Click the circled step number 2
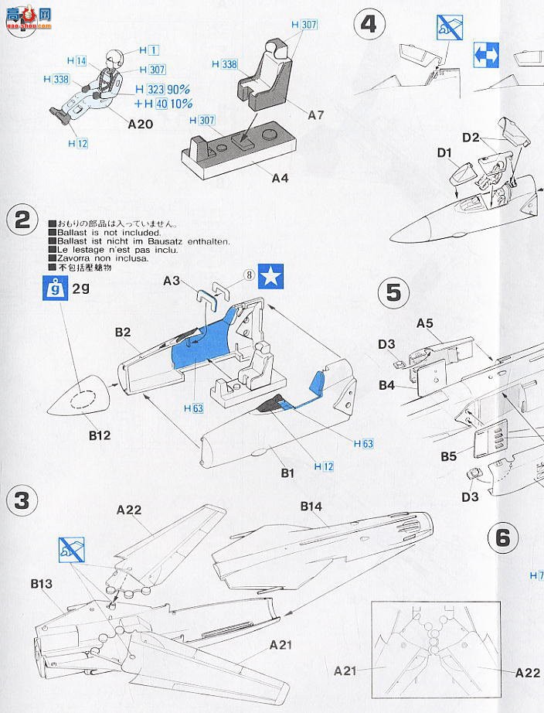pyautogui.click(x=22, y=220)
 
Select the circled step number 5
pyautogui.click(x=393, y=293)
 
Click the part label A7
pyautogui.click(x=315, y=115)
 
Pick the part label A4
pyautogui.click(x=280, y=178)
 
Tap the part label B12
pyautogui.click(x=99, y=435)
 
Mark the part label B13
pyautogui.click(x=42, y=584)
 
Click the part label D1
pyautogui.click(x=444, y=153)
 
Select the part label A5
pyautogui.click(x=425, y=322)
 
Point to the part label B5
pyautogui.click(x=449, y=456)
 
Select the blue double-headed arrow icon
pyautogui.click(x=486, y=55)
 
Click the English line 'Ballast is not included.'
pyautogui.click(x=105, y=232)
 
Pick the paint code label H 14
pyautogui.click(x=76, y=60)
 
